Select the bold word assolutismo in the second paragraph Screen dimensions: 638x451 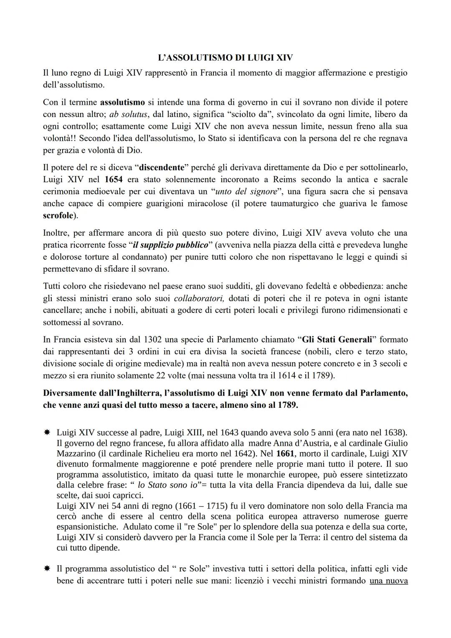click(122, 102)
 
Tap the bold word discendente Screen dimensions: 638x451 click(161, 168)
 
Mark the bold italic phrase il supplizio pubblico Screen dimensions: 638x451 click(170, 245)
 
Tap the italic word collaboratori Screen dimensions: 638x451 click(199, 298)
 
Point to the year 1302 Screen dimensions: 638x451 click(154, 339)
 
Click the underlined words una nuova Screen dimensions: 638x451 click(388, 581)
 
